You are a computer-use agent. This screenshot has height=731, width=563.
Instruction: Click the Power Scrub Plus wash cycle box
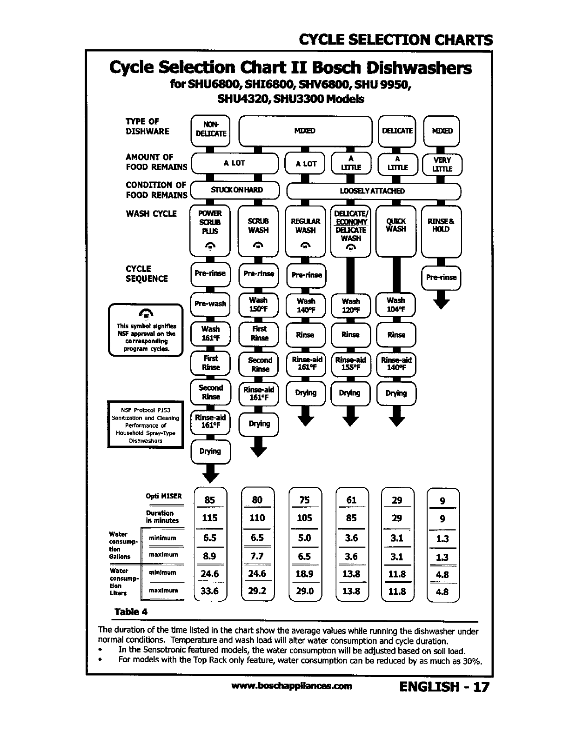click(x=210, y=230)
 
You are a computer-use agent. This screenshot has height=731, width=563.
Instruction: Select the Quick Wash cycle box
click(x=396, y=230)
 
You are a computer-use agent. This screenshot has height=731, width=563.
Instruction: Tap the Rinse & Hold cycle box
click(x=441, y=230)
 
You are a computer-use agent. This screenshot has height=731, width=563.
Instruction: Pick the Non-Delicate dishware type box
click(x=211, y=130)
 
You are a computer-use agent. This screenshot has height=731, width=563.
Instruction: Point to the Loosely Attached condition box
click(x=373, y=191)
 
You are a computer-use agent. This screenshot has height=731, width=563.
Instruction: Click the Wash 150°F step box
click(x=258, y=305)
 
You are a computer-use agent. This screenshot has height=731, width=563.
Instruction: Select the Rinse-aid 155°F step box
click(x=350, y=364)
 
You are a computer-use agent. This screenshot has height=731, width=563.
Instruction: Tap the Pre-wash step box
click(x=210, y=304)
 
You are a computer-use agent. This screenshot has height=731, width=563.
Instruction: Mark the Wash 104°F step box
click(x=395, y=305)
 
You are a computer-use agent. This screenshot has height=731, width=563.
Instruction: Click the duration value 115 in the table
click(x=210, y=518)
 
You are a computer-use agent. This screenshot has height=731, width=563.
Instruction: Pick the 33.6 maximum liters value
click(x=210, y=591)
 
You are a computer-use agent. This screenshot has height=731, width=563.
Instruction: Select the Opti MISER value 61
click(x=351, y=500)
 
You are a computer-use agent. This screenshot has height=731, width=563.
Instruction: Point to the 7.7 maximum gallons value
click(x=257, y=556)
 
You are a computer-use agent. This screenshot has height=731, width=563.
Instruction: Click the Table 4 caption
click(x=131, y=611)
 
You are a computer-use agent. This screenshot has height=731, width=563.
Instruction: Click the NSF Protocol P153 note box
click(x=146, y=425)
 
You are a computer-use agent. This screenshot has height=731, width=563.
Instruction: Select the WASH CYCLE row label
click(x=151, y=214)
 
